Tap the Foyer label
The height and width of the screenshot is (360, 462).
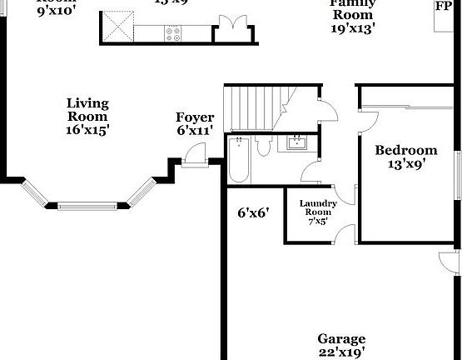(x=195, y=117)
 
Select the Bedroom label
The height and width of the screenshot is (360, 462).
(x=405, y=150)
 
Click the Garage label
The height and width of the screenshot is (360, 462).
(x=341, y=339)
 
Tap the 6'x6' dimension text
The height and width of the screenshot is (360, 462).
(x=252, y=212)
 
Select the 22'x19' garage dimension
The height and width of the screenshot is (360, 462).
(x=341, y=352)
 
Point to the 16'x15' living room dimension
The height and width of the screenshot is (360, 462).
(x=87, y=130)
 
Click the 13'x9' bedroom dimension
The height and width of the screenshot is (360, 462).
(x=406, y=164)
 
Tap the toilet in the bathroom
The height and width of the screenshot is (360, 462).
(x=264, y=147)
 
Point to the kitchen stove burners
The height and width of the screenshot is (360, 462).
(x=174, y=33)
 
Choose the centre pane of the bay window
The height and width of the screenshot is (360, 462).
(x=87, y=202)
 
